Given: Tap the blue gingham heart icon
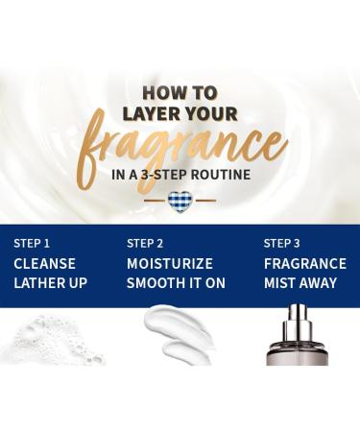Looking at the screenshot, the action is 180,202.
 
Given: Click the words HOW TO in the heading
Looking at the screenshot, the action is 180,93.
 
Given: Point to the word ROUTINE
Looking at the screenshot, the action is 221,175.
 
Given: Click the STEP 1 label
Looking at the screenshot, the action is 32,244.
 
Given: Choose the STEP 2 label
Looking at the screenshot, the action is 145,244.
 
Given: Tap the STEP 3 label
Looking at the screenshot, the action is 282,244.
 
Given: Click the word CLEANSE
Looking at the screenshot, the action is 44,264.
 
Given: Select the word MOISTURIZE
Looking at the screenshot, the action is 170,264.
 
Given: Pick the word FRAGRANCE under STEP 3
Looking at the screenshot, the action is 305,264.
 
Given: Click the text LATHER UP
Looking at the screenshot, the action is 51,283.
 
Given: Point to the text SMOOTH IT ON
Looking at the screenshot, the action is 176,283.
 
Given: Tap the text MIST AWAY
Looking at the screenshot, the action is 300,283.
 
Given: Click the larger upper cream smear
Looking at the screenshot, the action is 178,324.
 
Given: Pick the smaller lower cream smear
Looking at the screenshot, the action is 186,353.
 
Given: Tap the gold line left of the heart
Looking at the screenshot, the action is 155,201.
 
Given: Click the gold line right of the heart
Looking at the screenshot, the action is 205,201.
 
